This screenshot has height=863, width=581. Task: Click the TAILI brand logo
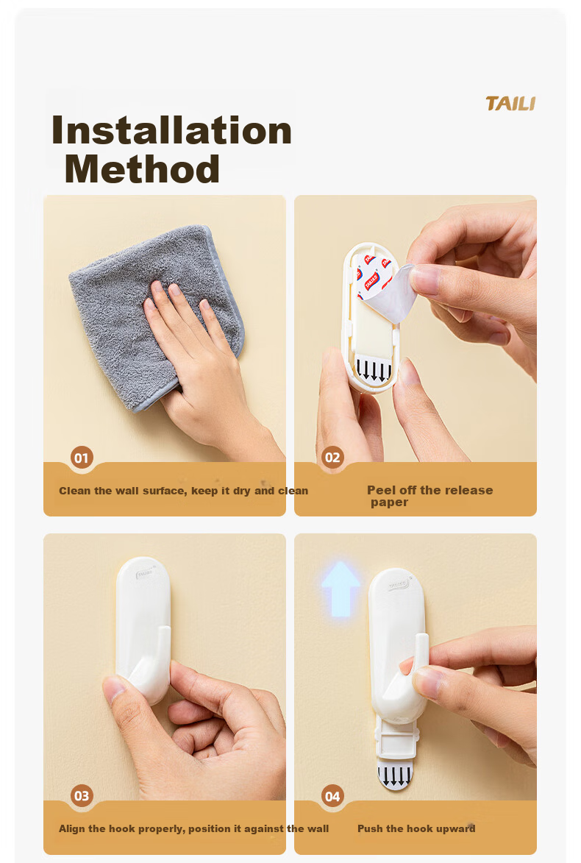pos(510,104)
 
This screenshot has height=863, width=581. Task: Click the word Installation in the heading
pos(171,131)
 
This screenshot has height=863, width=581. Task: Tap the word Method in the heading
pos(142,169)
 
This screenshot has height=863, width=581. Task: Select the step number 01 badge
pos(82,458)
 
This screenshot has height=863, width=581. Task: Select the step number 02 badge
pos(332,458)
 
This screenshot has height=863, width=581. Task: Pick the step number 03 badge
pos(82,795)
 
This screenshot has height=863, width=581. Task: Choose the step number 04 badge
pos(332,796)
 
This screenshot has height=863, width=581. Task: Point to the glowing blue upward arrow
pos(341,588)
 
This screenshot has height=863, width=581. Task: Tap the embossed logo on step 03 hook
pos(146,573)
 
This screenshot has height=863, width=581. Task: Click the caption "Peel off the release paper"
pos(429,496)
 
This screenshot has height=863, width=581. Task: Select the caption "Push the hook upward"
pos(416,828)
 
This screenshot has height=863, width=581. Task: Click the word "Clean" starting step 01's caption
pos(74,491)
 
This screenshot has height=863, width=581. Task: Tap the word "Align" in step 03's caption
pos(72,829)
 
